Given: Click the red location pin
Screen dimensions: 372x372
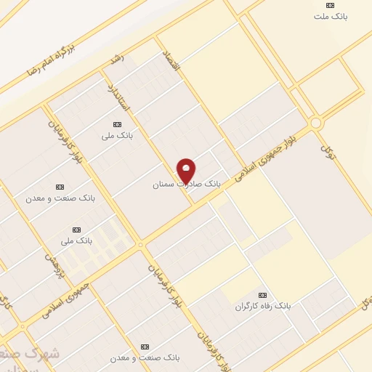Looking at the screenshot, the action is point(187,171).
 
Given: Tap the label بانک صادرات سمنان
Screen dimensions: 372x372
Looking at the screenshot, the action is point(186,185).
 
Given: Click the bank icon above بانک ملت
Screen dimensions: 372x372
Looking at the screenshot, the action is point(330,5).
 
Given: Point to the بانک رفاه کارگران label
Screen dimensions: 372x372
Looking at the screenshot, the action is point(262,306).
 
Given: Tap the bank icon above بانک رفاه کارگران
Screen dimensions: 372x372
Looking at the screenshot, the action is point(262,295).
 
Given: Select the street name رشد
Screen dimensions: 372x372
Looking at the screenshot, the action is point(116,57).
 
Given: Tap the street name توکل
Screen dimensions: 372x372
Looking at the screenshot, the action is point(328,150).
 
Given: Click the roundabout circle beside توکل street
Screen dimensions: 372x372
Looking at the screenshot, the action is point(315,124).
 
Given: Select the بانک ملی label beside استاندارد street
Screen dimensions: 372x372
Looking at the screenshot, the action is point(118,135).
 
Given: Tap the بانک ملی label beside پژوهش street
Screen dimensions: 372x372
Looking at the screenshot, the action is point(76,240).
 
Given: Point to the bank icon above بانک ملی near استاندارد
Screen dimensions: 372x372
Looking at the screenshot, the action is point(118,124).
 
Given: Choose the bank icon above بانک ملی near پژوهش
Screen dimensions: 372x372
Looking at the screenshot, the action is point(76,230).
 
